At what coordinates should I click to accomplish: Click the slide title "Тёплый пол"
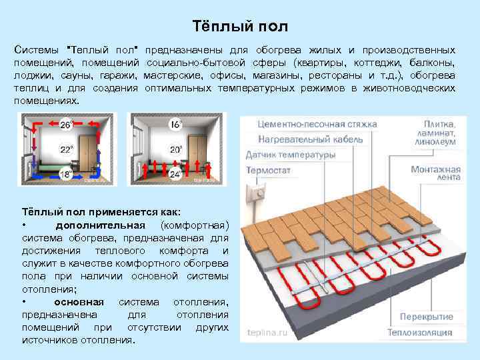pyautogui.click(x=240, y=27)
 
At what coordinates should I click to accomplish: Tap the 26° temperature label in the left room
pyautogui.click(x=67, y=125)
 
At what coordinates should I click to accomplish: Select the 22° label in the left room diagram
pyautogui.click(x=67, y=149)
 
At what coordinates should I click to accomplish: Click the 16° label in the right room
pyautogui.click(x=176, y=125)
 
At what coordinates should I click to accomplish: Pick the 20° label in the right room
pyautogui.click(x=176, y=149)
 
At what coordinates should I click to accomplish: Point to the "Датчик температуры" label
pyautogui.click(x=291, y=155)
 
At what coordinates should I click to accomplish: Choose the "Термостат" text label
pyautogui.click(x=268, y=170)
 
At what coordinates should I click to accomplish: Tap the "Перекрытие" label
pyautogui.click(x=427, y=317)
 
